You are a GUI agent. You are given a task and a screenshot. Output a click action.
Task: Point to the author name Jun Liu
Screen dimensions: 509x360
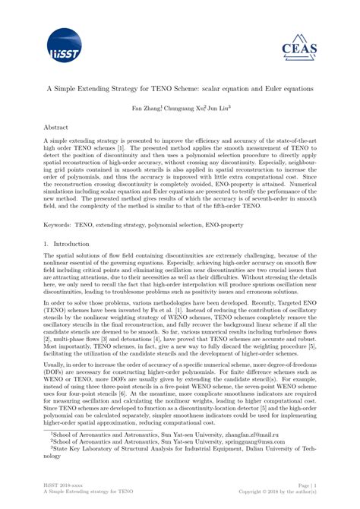218,108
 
